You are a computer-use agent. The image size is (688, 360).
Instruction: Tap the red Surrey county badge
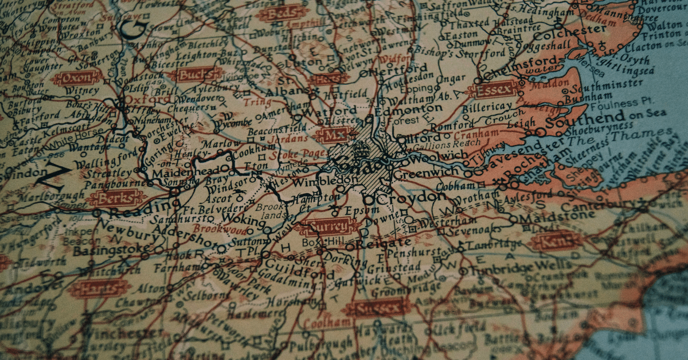point(329,226)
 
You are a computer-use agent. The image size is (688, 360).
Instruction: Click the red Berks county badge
point(118,199)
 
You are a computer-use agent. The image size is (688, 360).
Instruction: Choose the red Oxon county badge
point(77,77)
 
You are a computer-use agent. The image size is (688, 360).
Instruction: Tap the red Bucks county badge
point(199,75)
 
